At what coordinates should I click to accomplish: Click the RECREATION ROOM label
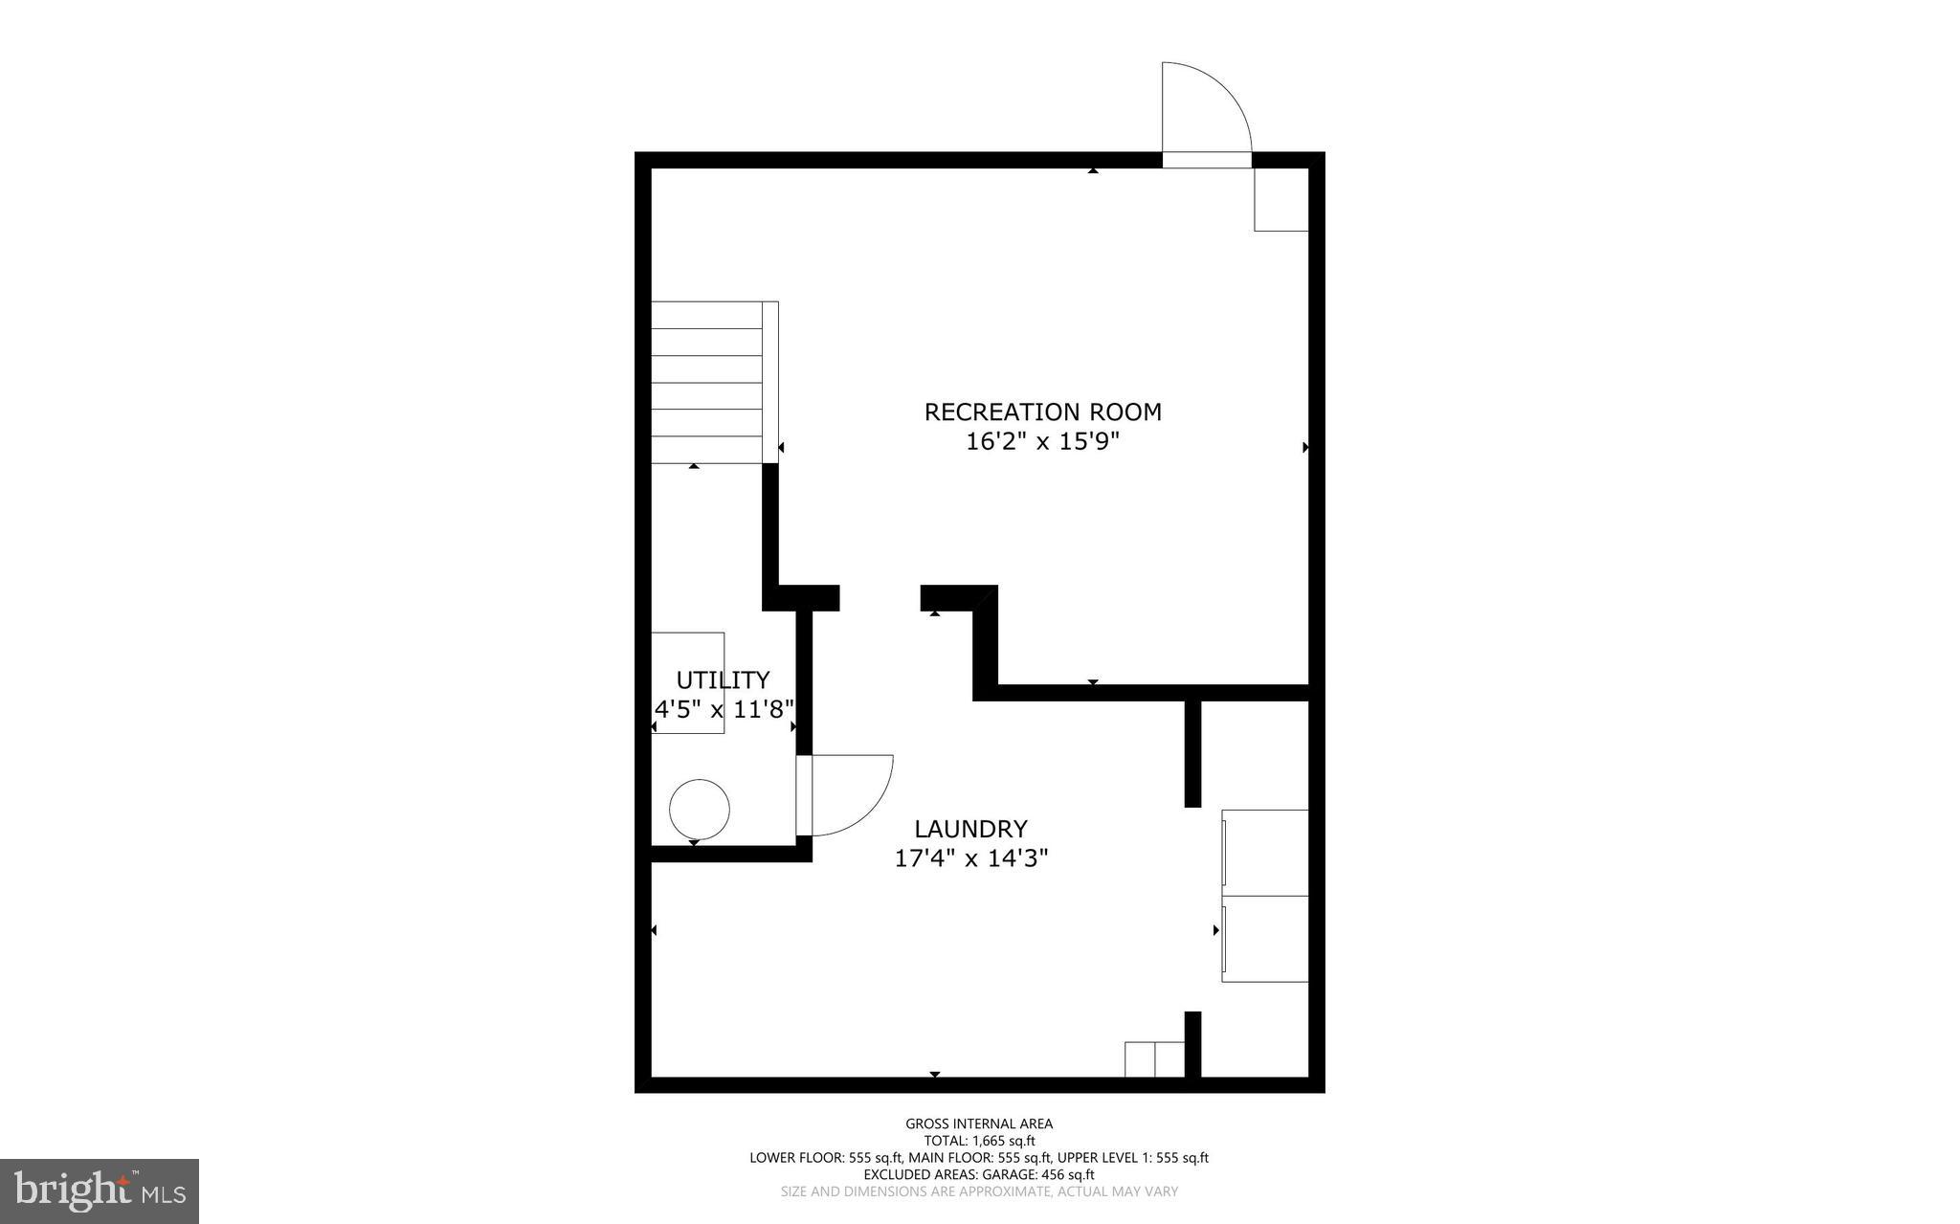pos(1042,412)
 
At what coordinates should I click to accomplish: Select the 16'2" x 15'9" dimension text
pos(1042,442)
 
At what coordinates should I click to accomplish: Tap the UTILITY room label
pos(723,680)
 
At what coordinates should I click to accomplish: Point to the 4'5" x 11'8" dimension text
pos(724,710)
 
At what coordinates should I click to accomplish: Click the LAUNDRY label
pos(970,829)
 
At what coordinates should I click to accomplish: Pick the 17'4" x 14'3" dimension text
pos(970,858)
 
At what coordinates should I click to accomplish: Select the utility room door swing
pos(850,794)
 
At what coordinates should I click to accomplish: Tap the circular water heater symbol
pos(700,810)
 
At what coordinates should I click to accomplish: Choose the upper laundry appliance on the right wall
pos(1265,853)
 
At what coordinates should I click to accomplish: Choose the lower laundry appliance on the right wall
pos(1265,939)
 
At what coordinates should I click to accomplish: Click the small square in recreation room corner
pos(1281,199)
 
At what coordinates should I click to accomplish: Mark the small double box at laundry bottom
pos(1154,1058)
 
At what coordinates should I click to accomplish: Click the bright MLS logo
pos(100,1191)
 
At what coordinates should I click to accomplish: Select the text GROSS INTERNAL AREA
pos(979,1124)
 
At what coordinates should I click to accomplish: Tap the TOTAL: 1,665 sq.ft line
pos(979,1141)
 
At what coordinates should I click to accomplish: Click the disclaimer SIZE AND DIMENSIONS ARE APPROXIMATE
pos(979,1191)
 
